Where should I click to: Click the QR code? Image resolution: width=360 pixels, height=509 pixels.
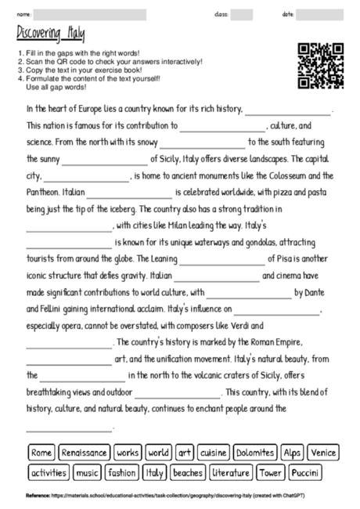coord(322,66)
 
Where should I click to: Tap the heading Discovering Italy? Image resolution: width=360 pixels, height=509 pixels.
coord(51,34)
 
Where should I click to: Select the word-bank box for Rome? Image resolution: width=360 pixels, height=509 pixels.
coord(42,453)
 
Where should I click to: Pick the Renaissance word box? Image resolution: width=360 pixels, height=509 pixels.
coord(84,453)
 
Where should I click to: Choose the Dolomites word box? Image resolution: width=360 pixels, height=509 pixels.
coord(255,453)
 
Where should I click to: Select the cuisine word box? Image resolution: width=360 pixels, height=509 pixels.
coord(213,453)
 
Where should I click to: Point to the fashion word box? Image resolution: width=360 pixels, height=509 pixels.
coord(122,473)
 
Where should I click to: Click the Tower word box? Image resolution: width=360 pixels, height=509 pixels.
coord(271,473)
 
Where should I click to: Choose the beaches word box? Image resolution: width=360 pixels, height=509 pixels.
coord(188,473)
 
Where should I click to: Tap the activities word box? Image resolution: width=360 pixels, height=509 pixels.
coord(49,473)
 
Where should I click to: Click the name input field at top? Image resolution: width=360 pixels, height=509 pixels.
coord(90,14)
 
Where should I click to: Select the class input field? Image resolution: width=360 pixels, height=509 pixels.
coord(242,14)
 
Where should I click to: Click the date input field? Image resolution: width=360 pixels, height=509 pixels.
coord(320,14)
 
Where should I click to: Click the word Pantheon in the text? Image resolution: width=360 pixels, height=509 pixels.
coord(44,193)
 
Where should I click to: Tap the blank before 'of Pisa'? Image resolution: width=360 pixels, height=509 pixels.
coord(222,259)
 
